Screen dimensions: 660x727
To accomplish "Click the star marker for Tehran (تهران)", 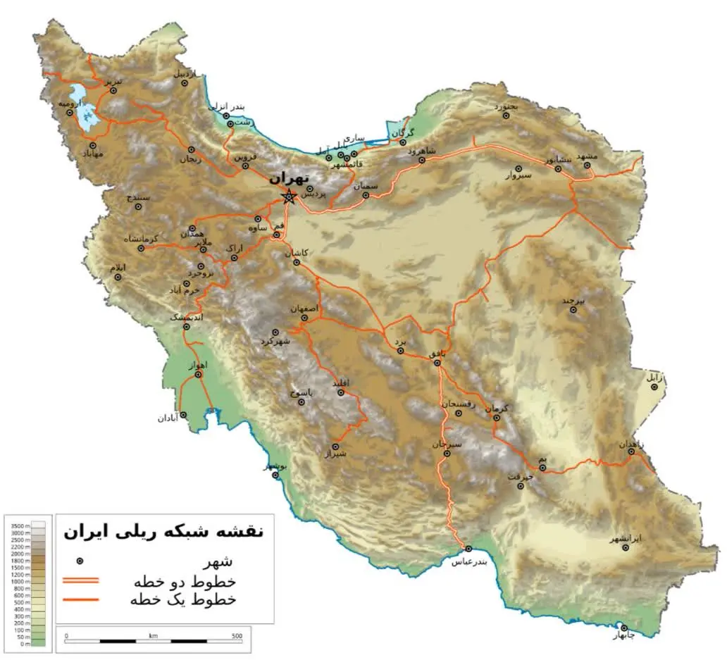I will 288,196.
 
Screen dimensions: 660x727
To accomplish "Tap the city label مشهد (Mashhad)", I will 587,156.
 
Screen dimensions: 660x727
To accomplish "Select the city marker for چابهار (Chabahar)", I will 623,627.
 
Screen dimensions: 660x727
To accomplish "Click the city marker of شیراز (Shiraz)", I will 336,447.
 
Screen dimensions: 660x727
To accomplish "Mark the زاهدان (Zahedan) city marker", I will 632,452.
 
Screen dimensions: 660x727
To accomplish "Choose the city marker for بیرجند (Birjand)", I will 573,309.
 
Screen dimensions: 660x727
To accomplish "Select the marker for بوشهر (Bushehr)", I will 275,475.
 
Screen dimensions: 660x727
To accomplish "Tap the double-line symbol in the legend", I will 81,581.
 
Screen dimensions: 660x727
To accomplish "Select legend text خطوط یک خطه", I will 184,600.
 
